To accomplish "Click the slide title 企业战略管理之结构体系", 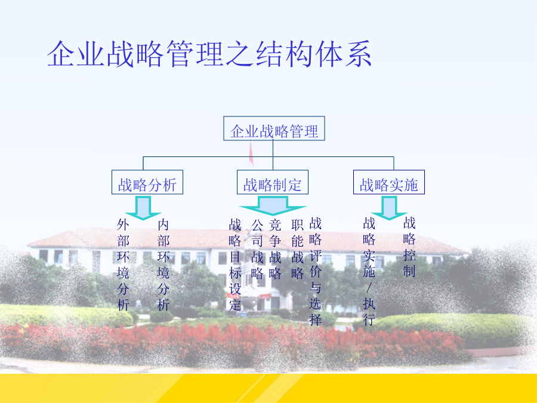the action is tap(209, 54).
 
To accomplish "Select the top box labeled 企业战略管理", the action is tap(274, 128).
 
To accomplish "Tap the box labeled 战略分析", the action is tap(147, 182).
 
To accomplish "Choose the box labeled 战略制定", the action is tap(273, 182).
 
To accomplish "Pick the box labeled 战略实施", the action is tap(389, 182).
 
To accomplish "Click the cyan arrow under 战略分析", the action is tap(143, 208).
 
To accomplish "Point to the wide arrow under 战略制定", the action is tap(273, 205).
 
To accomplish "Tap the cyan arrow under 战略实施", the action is tap(389, 208).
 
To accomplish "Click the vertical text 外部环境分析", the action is tap(123, 265).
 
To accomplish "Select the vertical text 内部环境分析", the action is tap(163, 265).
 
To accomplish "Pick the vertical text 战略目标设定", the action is tap(235, 265).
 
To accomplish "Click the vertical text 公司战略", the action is tap(257, 249).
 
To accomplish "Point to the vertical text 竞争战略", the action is tap(275, 249).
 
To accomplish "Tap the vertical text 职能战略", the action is tap(297, 249).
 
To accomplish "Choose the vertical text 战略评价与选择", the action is tap(316, 272).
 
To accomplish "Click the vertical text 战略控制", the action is tap(409, 247).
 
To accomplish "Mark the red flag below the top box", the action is tap(251, 153).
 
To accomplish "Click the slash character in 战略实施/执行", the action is tap(369, 288).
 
